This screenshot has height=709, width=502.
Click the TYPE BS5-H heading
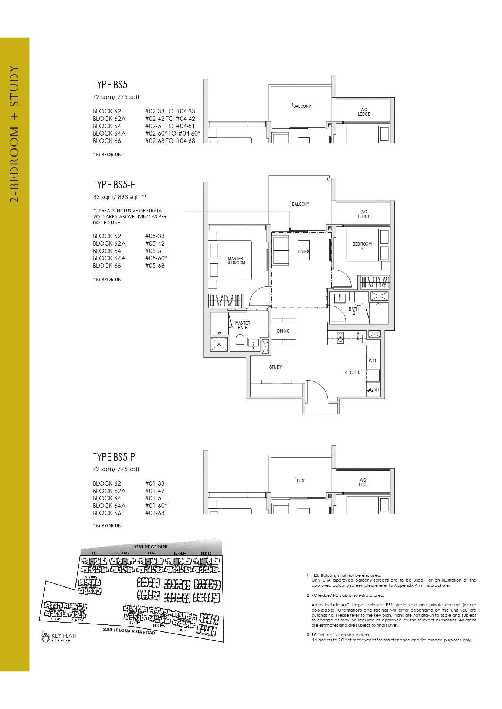(x=114, y=184)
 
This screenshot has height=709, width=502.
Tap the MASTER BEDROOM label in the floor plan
(x=235, y=261)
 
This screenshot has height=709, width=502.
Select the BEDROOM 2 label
(x=362, y=246)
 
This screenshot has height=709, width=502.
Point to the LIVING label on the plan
(x=303, y=251)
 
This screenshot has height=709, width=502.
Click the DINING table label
(x=284, y=331)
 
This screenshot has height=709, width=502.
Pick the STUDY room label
(x=275, y=367)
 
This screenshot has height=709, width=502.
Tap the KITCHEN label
(x=352, y=373)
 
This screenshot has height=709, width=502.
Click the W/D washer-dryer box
(x=372, y=360)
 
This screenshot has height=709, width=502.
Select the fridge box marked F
(x=373, y=376)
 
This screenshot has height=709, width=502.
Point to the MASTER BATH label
(x=243, y=325)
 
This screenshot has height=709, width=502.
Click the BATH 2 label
(x=354, y=311)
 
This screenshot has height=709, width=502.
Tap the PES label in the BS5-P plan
(x=300, y=480)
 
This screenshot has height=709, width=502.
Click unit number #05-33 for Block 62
(x=155, y=236)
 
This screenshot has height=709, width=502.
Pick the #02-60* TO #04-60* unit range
(x=173, y=133)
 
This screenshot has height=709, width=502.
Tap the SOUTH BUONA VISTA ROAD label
(x=129, y=630)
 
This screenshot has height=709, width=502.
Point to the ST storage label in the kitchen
(x=377, y=390)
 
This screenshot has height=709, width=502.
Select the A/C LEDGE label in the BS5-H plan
(x=364, y=214)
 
